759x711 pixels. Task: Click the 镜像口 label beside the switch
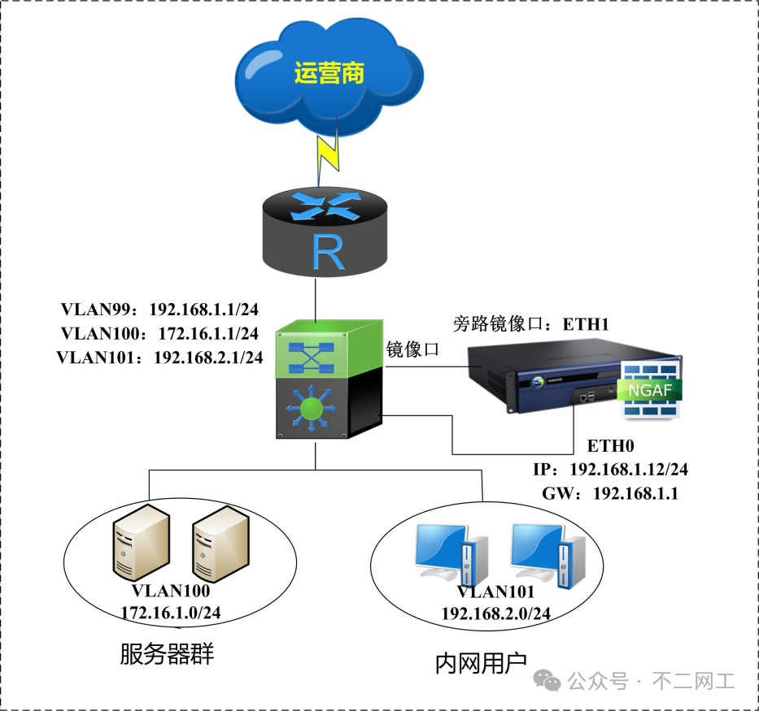[x=412, y=349]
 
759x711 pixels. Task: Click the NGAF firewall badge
[x=650, y=390]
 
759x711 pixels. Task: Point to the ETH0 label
[x=610, y=445]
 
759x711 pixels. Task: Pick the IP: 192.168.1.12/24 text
[x=611, y=470]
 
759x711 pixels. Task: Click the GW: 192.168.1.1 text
[x=609, y=493]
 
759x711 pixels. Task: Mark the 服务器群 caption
[x=167, y=655]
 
